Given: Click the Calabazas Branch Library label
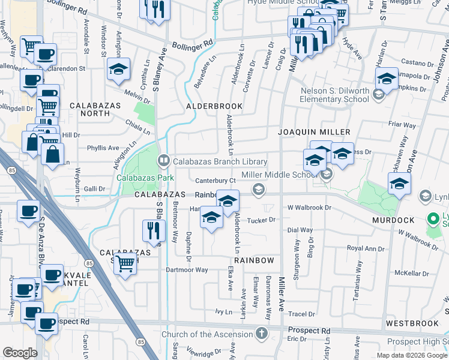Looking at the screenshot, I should [x=220, y=161].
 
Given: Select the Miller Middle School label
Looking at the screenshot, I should [x=279, y=175].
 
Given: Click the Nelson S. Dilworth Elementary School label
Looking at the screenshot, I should [x=335, y=95].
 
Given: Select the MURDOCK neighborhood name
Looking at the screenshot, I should [x=393, y=220].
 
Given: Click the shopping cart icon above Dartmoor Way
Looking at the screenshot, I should [x=125, y=262].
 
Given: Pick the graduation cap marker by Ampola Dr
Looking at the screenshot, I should [x=387, y=79].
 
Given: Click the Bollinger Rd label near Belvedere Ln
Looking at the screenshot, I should [x=192, y=44].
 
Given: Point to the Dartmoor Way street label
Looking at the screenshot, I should [x=187, y=270].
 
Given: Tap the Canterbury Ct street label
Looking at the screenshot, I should [x=214, y=181].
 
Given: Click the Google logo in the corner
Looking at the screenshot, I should [x=20, y=352].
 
